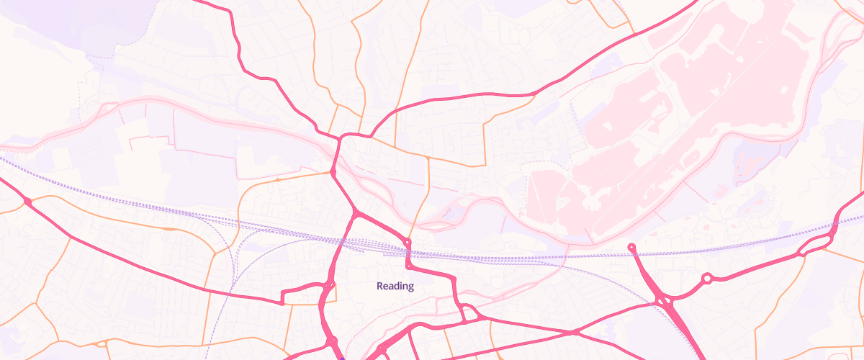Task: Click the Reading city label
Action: pos(395,286)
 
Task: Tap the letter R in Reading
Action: pos(380,286)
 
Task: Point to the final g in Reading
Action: pos(411,287)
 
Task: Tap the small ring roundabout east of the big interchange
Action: pos(707,278)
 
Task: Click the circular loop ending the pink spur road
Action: pos(631,248)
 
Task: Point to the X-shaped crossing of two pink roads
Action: pos(573,333)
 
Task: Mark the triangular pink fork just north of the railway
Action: pos(356,215)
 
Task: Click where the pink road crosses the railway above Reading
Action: pos(408,253)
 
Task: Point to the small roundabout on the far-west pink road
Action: pos(27,202)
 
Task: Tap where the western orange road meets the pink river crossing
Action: pos(333,172)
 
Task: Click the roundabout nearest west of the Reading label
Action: pos(330,286)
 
